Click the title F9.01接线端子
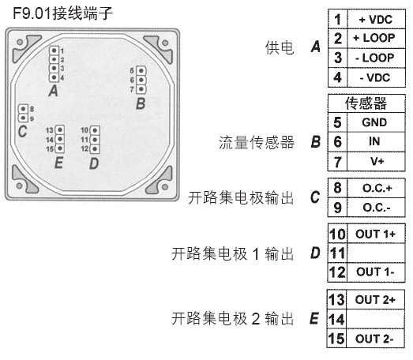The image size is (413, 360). click(62, 13)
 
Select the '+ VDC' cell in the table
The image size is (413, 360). click(377, 19)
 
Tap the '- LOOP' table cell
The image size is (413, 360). click(377, 58)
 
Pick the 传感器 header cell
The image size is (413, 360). click(366, 103)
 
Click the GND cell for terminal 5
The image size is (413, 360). click(376, 122)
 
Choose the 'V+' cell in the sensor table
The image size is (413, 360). click(376, 161)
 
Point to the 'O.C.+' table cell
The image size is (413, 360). click(376, 188)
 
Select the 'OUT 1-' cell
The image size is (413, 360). click(376, 272)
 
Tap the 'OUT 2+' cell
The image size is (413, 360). click(376, 299)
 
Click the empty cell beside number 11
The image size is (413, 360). click(376, 253)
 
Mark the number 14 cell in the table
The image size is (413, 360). click(337, 319)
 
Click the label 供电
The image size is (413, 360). click(280, 48)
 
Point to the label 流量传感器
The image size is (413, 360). click(257, 142)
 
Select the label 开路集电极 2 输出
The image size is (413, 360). click(233, 318)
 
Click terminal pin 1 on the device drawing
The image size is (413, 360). click(54, 51)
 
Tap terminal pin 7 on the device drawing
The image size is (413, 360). click(141, 89)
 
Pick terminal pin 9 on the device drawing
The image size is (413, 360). click(23, 118)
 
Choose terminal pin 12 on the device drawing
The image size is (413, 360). click(95, 149)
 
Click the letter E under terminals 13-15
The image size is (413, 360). click(58, 162)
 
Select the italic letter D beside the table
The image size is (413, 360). click(315, 253)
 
